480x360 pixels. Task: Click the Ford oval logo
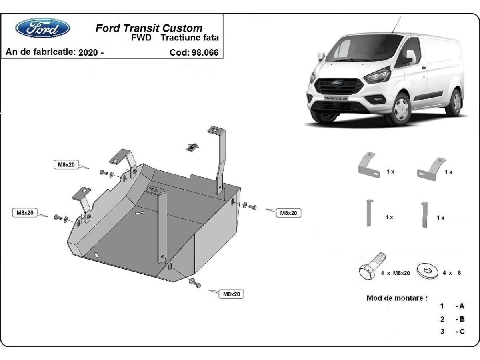(x=42, y=28)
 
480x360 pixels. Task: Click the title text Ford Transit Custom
(x=149, y=28)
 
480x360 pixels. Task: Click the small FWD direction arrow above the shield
(x=193, y=147)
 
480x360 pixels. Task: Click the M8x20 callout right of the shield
(x=288, y=213)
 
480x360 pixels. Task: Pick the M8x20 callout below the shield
(x=231, y=294)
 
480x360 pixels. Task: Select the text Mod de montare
(x=397, y=298)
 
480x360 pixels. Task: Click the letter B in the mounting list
(x=462, y=319)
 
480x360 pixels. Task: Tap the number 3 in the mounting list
(x=442, y=332)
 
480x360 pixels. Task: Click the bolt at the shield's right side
(x=252, y=207)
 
